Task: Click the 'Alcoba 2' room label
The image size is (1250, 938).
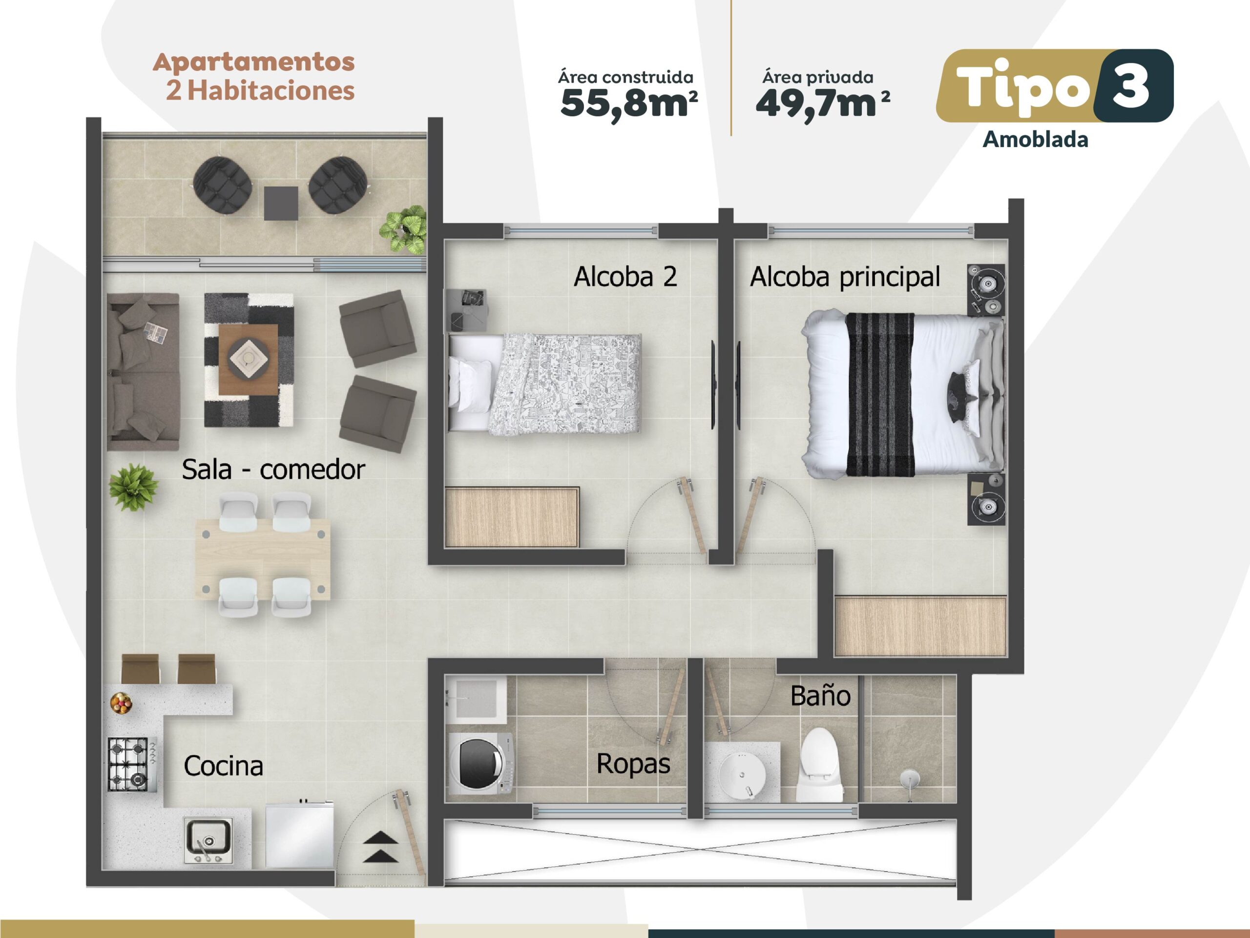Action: click(625, 277)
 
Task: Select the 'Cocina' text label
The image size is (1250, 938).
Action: click(223, 766)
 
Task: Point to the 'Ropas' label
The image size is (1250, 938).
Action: click(633, 764)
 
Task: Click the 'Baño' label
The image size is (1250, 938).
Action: click(820, 696)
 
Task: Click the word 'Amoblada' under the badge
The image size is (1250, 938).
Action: click(1035, 140)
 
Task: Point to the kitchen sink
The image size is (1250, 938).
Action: click(208, 841)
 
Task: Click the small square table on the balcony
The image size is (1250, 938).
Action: click(281, 203)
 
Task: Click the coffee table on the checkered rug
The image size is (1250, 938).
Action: click(248, 359)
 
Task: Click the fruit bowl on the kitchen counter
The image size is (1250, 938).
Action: click(121, 703)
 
